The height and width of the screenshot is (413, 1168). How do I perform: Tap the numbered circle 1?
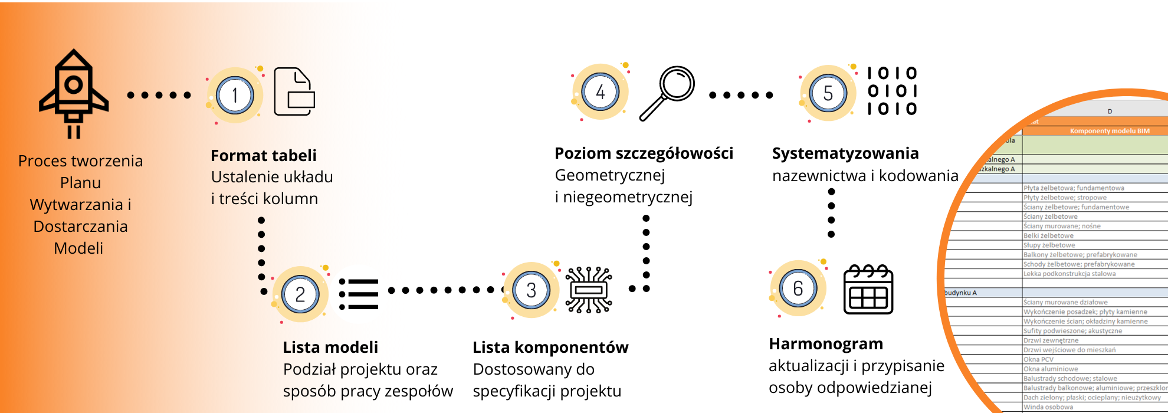[235, 95]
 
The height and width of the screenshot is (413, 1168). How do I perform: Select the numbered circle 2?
[300, 294]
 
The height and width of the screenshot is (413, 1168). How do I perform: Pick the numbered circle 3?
[531, 290]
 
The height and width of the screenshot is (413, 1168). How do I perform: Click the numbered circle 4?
[600, 92]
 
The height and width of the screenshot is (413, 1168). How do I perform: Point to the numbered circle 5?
[828, 93]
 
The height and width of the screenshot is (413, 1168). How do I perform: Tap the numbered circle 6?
[798, 289]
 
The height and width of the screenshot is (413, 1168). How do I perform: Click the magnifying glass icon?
[668, 93]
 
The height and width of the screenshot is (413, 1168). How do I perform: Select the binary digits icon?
[892, 91]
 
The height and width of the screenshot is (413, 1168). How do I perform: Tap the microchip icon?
[588, 290]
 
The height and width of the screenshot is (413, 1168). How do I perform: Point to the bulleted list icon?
[359, 294]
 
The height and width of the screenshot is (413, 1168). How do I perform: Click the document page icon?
[294, 92]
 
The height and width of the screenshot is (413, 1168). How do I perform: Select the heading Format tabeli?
[264, 156]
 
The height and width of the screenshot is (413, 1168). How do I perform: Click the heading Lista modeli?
[330, 348]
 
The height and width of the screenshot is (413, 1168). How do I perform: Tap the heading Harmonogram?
[826, 344]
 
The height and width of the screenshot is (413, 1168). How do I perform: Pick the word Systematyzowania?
[845, 153]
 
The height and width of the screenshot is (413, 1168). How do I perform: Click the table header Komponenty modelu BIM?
[1109, 131]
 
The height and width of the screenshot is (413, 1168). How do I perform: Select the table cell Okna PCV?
[1038, 359]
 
